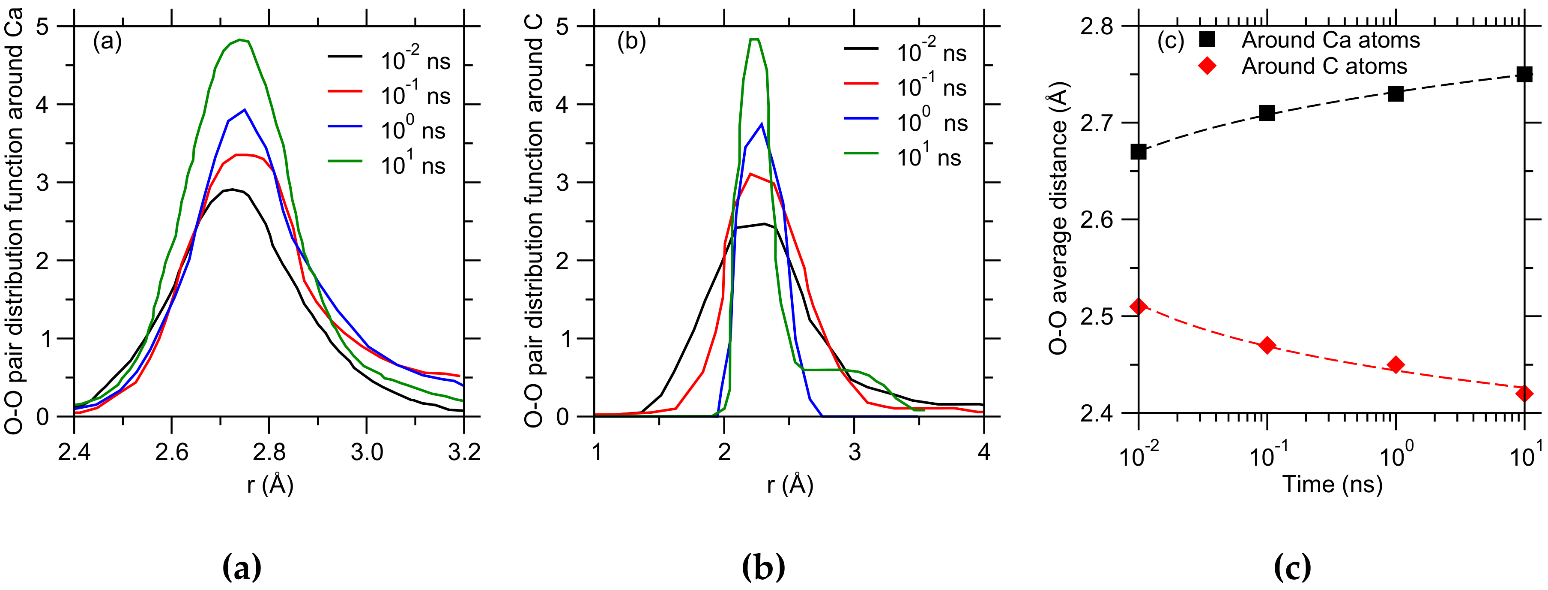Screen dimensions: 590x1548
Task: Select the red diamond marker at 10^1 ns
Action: (x=1524, y=393)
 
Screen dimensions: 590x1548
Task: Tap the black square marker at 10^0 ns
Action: (x=1396, y=93)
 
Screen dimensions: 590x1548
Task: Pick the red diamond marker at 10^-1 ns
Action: (x=1267, y=345)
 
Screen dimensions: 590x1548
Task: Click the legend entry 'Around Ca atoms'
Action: (x=1330, y=40)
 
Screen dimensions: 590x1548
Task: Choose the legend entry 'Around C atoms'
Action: (x=1324, y=66)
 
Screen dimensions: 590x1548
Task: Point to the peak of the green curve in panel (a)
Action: (x=240, y=40)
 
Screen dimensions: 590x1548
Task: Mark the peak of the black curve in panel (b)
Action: (x=765, y=224)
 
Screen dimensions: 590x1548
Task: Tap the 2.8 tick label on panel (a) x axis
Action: (x=269, y=452)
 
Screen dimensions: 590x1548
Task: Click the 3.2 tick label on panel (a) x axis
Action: (x=464, y=452)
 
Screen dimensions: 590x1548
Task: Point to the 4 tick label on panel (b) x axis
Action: (x=983, y=452)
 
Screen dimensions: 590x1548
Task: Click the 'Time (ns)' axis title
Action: (x=1332, y=484)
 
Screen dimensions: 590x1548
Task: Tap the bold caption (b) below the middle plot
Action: (x=763, y=567)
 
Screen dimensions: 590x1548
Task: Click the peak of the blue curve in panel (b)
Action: (x=762, y=124)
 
